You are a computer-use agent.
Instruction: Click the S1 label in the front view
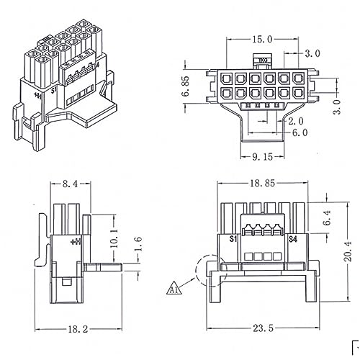click(x=233, y=238)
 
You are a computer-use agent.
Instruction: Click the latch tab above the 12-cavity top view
click(x=261, y=62)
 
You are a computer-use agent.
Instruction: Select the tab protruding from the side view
click(x=103, y=266)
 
